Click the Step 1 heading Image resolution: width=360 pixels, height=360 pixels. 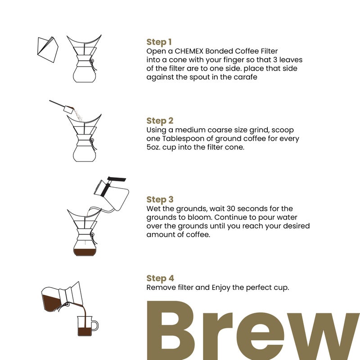pos(159,42)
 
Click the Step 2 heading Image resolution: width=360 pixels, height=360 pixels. pos(160,121)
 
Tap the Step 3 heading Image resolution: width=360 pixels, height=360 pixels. pos(160,199)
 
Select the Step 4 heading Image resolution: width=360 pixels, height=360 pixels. pos(160,279)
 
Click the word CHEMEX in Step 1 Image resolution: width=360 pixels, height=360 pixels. pos(184,51)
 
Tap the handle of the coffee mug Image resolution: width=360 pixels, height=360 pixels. pos(95,325)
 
